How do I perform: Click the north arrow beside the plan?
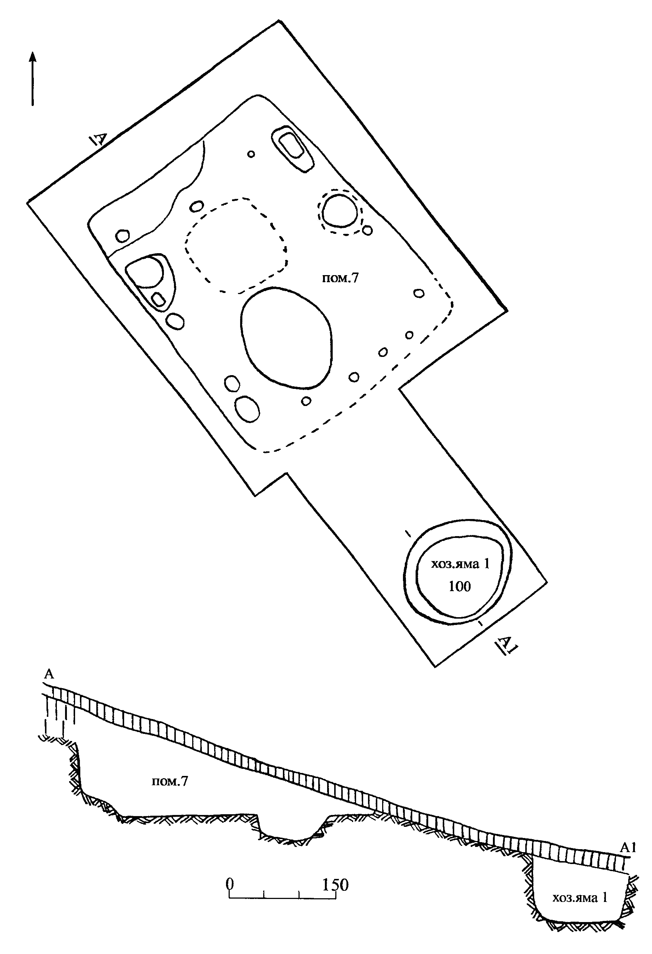pos(32,78)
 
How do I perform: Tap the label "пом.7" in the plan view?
pos(340,278)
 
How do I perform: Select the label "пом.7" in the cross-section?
pos(170,781)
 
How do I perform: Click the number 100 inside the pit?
pos(459,586)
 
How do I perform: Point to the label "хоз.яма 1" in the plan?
pos(460,564)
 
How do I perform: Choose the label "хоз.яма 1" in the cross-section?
pos(580,898)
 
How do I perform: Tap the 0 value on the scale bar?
pos(230,884)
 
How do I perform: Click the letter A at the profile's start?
pos(49,674)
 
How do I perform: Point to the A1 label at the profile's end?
pos(627,848)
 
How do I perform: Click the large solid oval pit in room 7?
pos(286,338)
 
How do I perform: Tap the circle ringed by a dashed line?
pos(339,211)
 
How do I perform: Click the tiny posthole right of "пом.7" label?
pos(419,293)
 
